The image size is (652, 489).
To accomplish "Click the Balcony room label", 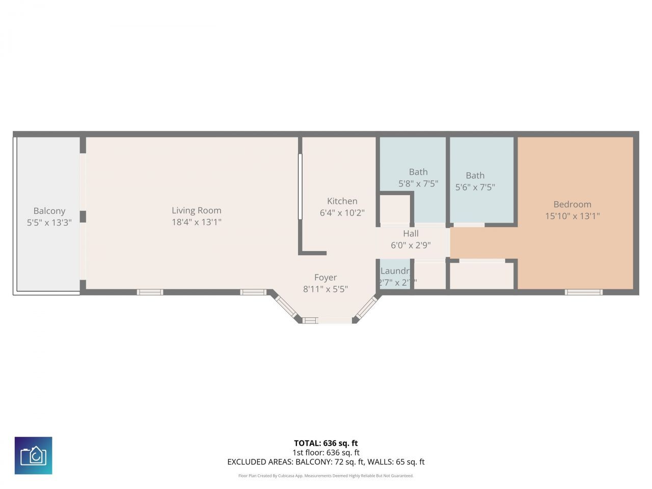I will tap(49, 211).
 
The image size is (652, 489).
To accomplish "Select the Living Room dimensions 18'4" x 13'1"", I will tap(196, 222).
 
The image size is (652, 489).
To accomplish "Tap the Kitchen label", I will tap(342, 201).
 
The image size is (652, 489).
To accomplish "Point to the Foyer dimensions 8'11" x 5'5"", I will tap(325, 289).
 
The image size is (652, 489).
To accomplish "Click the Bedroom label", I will tap(572, 204).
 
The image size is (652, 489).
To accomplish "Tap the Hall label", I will tap(411, 233).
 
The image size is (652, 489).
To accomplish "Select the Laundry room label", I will tap(395, 271).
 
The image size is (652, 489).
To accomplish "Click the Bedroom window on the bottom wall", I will tap(583, 292).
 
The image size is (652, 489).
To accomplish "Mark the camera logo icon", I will tap(34, 455).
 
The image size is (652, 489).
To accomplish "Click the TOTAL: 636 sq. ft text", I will tap(325, 443).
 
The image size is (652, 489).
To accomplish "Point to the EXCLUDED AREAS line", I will tap(325, 462).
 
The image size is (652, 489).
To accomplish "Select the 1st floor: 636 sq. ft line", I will tap(325, 452).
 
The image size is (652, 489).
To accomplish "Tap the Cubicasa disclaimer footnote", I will tap(325, 476).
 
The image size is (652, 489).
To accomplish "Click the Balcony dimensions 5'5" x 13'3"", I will tap(49, 223).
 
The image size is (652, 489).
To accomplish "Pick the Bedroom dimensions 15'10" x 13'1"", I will tap(572, 216).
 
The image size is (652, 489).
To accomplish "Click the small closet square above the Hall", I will tap(395, 208).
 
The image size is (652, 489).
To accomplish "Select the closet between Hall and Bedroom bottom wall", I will tap(482, 276).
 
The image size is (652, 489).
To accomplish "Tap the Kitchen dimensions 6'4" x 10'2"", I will tap(342, 213).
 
